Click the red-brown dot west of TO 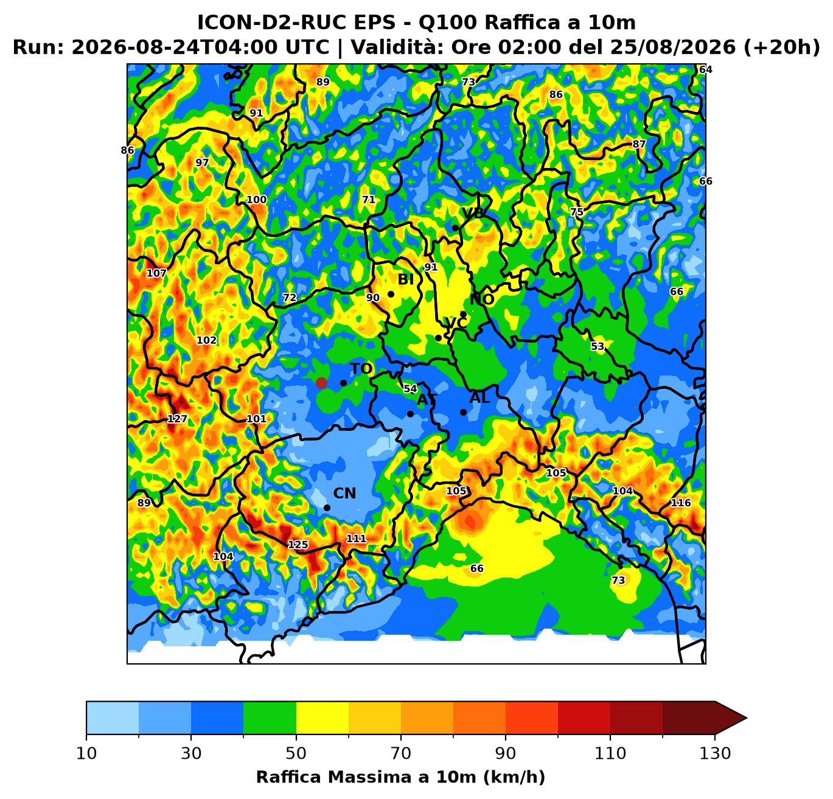(x=321, y=383)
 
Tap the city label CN (x=344, y=494)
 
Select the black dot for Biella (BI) (x=391, y=294)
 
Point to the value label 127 (x=177, y=419)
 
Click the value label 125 (x=298, y=545)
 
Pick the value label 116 (x=681, y=503)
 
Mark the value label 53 (x=598, y=346)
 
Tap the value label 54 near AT (x=410, y=389)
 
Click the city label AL (x=479, y=398)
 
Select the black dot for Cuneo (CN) (x=327, y=508)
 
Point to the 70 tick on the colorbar (x=401, y=737)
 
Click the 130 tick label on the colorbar (x=715, y=753)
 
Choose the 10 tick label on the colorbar (x=86, y=753)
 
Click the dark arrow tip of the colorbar (x=747, y=718)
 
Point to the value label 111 (x=356, y=539)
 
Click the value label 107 (x=156, y=273)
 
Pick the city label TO (x=361, y=369)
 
